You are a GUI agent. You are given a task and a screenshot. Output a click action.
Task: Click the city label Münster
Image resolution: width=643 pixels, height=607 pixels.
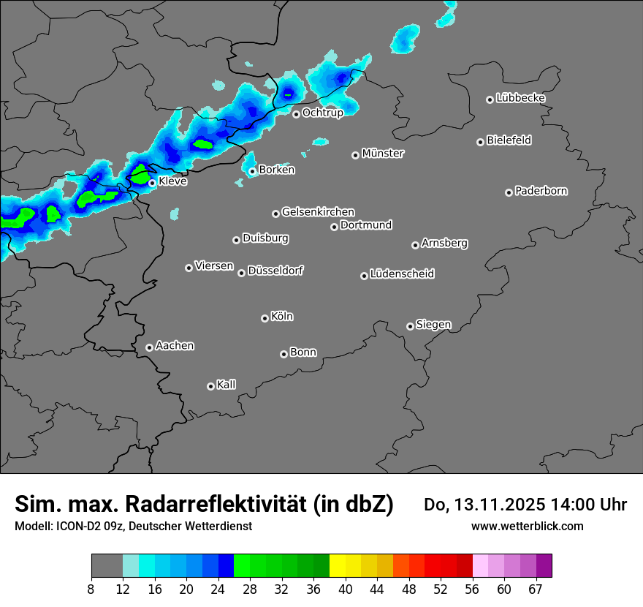(x=383, y=154)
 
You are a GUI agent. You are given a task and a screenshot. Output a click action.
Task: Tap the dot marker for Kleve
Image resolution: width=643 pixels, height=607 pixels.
(x=152, y=183)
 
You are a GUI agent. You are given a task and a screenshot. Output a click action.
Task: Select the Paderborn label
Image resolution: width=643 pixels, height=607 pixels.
(x=541, y=191)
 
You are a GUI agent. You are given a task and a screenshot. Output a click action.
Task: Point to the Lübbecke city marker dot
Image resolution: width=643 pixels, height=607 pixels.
(x=490, y=99)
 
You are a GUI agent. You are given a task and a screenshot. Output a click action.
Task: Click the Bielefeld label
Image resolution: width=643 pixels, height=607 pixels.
(x=509, y=140)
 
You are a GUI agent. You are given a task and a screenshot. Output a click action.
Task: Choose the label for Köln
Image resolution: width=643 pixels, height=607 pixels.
(x=282, y=317)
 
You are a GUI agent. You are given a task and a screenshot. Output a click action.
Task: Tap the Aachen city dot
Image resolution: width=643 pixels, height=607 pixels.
(x=149, y=347)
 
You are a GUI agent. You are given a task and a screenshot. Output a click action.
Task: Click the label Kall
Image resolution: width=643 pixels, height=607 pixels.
(x=227, y=385)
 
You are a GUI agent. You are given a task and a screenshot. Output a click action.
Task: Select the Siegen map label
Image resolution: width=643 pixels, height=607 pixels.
(x=433, y=325)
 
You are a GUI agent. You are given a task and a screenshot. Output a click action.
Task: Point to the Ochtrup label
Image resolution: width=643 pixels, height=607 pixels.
(x=323, y=113)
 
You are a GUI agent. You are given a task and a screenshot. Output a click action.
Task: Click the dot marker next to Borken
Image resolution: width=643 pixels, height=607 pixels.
(x=253, y=171)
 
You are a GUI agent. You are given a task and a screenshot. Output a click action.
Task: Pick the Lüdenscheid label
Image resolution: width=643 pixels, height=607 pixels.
(x=403, y=274)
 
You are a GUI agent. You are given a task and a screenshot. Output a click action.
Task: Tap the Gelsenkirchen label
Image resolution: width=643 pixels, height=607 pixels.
(x=318, y=212)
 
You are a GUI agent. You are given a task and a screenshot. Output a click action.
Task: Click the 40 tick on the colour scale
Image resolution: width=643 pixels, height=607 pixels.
(x=346, y=589)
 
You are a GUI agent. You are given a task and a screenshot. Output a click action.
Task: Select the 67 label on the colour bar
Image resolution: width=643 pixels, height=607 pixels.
(x=536, y=589)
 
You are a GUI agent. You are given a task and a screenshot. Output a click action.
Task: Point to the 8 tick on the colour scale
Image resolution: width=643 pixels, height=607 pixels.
(x=91, y=589)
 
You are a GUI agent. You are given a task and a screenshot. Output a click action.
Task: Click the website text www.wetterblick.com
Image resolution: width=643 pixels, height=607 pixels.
(x=527, y=526)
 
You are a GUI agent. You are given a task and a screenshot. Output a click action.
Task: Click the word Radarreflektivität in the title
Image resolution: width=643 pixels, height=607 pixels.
(x=218, y=504)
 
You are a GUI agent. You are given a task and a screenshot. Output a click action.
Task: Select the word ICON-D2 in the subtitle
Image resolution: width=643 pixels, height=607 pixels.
(x=75, y=527)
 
